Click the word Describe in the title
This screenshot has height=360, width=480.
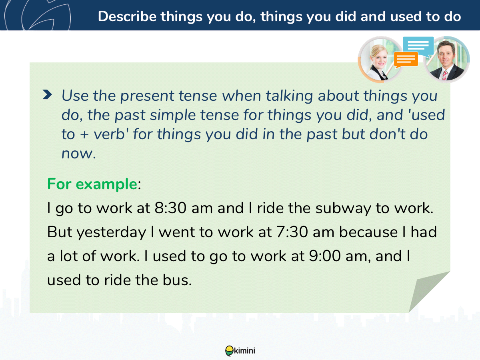[127, 16]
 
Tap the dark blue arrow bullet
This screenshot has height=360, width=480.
[47, 95]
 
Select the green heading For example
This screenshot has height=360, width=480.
[92, 184]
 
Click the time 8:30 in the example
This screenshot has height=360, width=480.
[170, 208]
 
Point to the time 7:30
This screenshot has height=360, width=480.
[292, 232]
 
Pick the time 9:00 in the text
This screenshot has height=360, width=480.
[325, 256]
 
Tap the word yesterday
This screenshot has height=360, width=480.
[111, 232]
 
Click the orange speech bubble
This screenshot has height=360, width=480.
[406, 59]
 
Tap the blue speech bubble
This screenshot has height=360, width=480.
[418, 46]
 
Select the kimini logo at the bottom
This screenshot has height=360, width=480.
[240, 351]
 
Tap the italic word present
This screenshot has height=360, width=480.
[147, 96]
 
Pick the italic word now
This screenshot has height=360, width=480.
[79, 154]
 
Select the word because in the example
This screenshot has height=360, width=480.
[368, 232]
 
